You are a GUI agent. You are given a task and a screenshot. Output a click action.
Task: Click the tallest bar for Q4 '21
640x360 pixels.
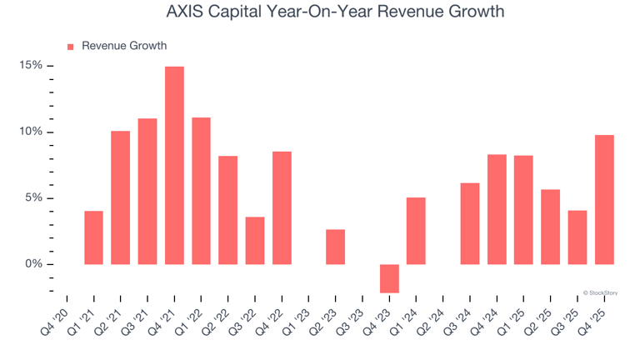click(174, 165)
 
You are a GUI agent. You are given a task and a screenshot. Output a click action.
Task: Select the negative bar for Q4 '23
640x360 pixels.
click(389, 278)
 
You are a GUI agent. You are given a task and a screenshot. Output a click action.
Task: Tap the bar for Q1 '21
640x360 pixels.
click(93, 237)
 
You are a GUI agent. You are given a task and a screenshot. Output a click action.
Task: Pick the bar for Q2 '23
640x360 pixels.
click(335, 247)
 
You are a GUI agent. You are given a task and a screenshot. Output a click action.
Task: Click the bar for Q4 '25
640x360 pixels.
click(604, 200)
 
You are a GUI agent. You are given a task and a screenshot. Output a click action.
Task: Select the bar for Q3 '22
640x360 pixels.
click(255, 241)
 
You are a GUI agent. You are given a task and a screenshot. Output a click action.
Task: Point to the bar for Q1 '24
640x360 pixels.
click(416, 231)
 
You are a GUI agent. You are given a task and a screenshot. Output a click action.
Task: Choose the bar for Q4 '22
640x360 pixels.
click(282, 207)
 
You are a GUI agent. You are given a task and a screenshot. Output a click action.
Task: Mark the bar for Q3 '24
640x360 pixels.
click(470, 223)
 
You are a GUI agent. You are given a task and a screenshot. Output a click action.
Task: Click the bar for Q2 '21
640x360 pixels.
click(120, 197)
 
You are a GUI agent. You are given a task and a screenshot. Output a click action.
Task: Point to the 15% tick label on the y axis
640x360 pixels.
click(32, 66)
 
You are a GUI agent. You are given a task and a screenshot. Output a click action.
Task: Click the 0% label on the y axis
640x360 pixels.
click(34, 264)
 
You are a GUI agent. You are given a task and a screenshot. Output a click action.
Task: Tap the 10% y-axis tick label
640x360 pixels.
click(32, 132)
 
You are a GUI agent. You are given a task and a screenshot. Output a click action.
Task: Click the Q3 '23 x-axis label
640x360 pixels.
click(347, 318)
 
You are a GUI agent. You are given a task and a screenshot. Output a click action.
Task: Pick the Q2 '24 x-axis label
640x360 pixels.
click(428, 318)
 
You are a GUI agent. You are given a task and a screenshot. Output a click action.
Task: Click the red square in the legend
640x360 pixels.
click(70, 47)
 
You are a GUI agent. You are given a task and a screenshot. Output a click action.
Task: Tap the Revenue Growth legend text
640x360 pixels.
click(123, 47)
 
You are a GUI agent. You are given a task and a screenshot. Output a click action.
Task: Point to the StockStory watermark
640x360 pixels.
click(600, 292)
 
